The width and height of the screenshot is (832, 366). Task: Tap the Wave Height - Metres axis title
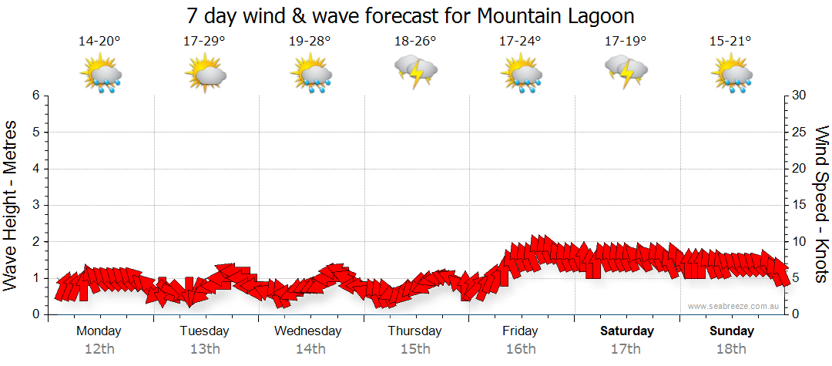pos(12,205)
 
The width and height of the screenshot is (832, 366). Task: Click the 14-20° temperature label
pos(99,42)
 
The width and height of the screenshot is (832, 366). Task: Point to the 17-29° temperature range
pos(204,42)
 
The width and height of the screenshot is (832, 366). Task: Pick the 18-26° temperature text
pos(415,42)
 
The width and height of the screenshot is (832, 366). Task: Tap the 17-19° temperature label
pos(626,42)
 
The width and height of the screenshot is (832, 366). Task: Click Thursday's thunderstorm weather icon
pos(416,72)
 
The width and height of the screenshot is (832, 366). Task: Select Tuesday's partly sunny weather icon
pos(205,74)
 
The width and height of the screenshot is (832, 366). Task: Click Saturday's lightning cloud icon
pos(626,72)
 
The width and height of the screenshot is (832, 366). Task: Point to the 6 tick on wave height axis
pos(35,96)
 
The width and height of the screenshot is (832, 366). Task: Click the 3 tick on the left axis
pos(35,205)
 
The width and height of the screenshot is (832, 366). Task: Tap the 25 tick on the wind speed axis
pos(800,132)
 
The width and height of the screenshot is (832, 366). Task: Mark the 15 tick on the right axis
pos(800,205)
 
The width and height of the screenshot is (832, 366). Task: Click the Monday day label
pos(99,331)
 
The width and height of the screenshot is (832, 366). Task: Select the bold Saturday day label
pos(626,331)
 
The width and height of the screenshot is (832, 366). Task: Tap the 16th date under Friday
pos(521,349)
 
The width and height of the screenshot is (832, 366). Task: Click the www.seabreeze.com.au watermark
pos(734,306)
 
